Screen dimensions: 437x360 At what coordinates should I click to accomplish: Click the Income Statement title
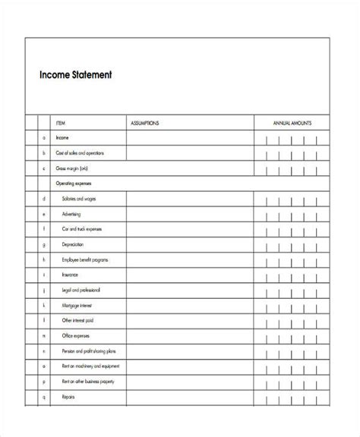tap(76, 74)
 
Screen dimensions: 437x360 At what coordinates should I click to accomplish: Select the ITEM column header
tap(61, 122)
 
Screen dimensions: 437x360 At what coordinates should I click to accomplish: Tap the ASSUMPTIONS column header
tap(144, 122)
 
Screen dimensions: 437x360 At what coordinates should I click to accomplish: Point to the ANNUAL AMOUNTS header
tap(292, 122)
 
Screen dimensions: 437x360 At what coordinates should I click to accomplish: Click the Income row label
tap(62, 138)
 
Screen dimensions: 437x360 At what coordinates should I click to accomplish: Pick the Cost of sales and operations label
tap(80, 153)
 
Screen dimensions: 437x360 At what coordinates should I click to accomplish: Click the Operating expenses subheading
tap(77, 184)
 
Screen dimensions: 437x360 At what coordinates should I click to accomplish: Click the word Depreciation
tap(72, 244)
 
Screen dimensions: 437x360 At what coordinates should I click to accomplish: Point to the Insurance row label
tap(68, 275)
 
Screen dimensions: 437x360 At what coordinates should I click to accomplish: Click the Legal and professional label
tap(77, 290)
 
